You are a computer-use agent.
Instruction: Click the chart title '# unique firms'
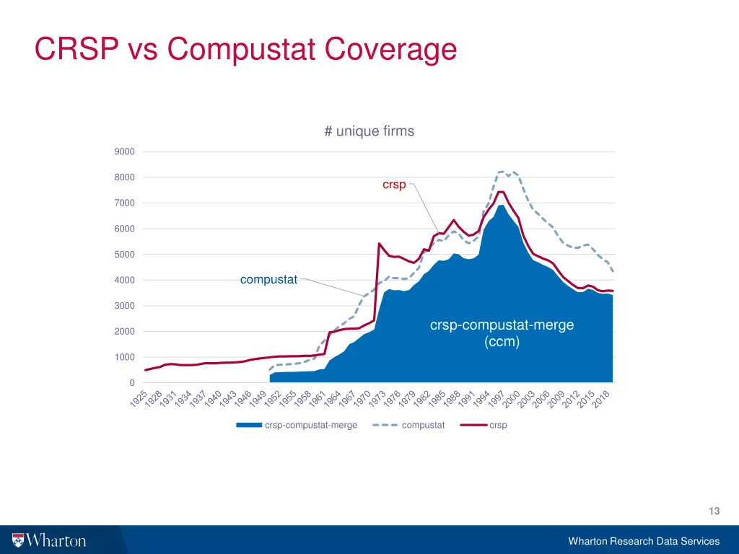click(369, 131)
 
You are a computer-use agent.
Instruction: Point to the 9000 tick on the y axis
click(124, 151)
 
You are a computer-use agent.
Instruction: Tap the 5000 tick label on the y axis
click(124, 255)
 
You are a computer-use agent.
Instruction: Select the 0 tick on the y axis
click(131, 383)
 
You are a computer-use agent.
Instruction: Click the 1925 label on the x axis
click(139, 399)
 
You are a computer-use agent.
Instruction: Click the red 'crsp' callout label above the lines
click(394, 185)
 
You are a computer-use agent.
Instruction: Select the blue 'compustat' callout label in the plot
click(268, 280)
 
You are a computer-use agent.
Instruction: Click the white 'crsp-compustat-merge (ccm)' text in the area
click(502, 333)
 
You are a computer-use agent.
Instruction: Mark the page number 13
click(714, 511)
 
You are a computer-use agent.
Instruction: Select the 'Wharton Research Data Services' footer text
click(644, 541)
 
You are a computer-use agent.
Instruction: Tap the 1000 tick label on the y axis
click(124, 357)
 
